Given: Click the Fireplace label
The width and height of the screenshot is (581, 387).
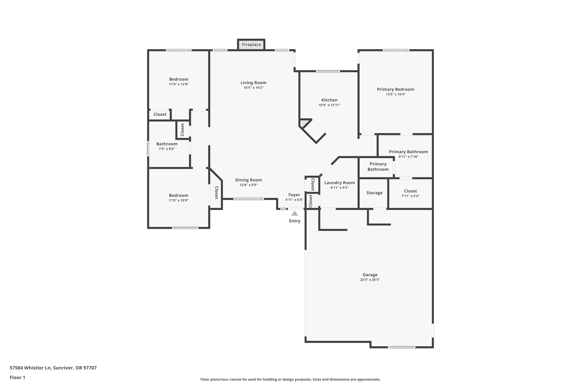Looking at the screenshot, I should pyautogui.click(x=251, y=45).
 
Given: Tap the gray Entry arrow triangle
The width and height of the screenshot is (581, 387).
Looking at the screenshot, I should pyautogui.click(x=294, y=213).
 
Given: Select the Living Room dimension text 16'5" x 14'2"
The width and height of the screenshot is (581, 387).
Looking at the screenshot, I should pyautogui.click(x=253, y=88).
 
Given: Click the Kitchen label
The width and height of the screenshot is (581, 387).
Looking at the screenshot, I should pyautogui.click(x=329, y=100).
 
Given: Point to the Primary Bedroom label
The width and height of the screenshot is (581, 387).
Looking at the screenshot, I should pyautogui.click(x=395, y=89).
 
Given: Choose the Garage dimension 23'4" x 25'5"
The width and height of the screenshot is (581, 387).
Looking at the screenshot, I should pyautogui.click(x=370, y=280).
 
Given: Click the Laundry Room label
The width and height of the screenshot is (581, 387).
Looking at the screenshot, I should pyautogui.click(x=339, y=183).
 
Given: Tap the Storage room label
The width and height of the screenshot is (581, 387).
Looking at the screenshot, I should pyautogui.click(x=374, y=193).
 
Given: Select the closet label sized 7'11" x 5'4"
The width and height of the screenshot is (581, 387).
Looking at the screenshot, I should pyautogui.click(x=410, y=191).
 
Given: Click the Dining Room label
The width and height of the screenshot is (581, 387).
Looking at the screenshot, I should pyautogui.click(x=248, y=180).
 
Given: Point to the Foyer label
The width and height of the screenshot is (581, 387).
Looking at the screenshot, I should pyautogui.click(x=294, y=195).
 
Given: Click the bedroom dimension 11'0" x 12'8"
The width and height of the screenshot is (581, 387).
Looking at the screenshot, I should pyautogui.click(x=179, y=84).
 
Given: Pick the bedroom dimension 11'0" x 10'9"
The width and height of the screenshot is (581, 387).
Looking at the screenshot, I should pyautogui.click(x=178, y=200).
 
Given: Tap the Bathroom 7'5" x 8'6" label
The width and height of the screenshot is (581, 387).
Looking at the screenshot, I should pyautogui.click(x=167, y=144).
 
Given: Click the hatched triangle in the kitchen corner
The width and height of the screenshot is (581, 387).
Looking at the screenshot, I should pyautogui.click(x=304, y=123).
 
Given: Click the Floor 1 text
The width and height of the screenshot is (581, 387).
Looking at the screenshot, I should pyautogui.click(x=17, y=377).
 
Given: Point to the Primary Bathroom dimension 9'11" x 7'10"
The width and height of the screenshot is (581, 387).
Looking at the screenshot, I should pyautogui.click(x=408, y=157).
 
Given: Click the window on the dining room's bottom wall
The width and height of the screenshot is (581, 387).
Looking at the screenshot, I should pyautogui.click(x=249, y=199).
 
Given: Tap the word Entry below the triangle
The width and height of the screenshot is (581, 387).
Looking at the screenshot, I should pyautogui.click(x=294, y=221).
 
